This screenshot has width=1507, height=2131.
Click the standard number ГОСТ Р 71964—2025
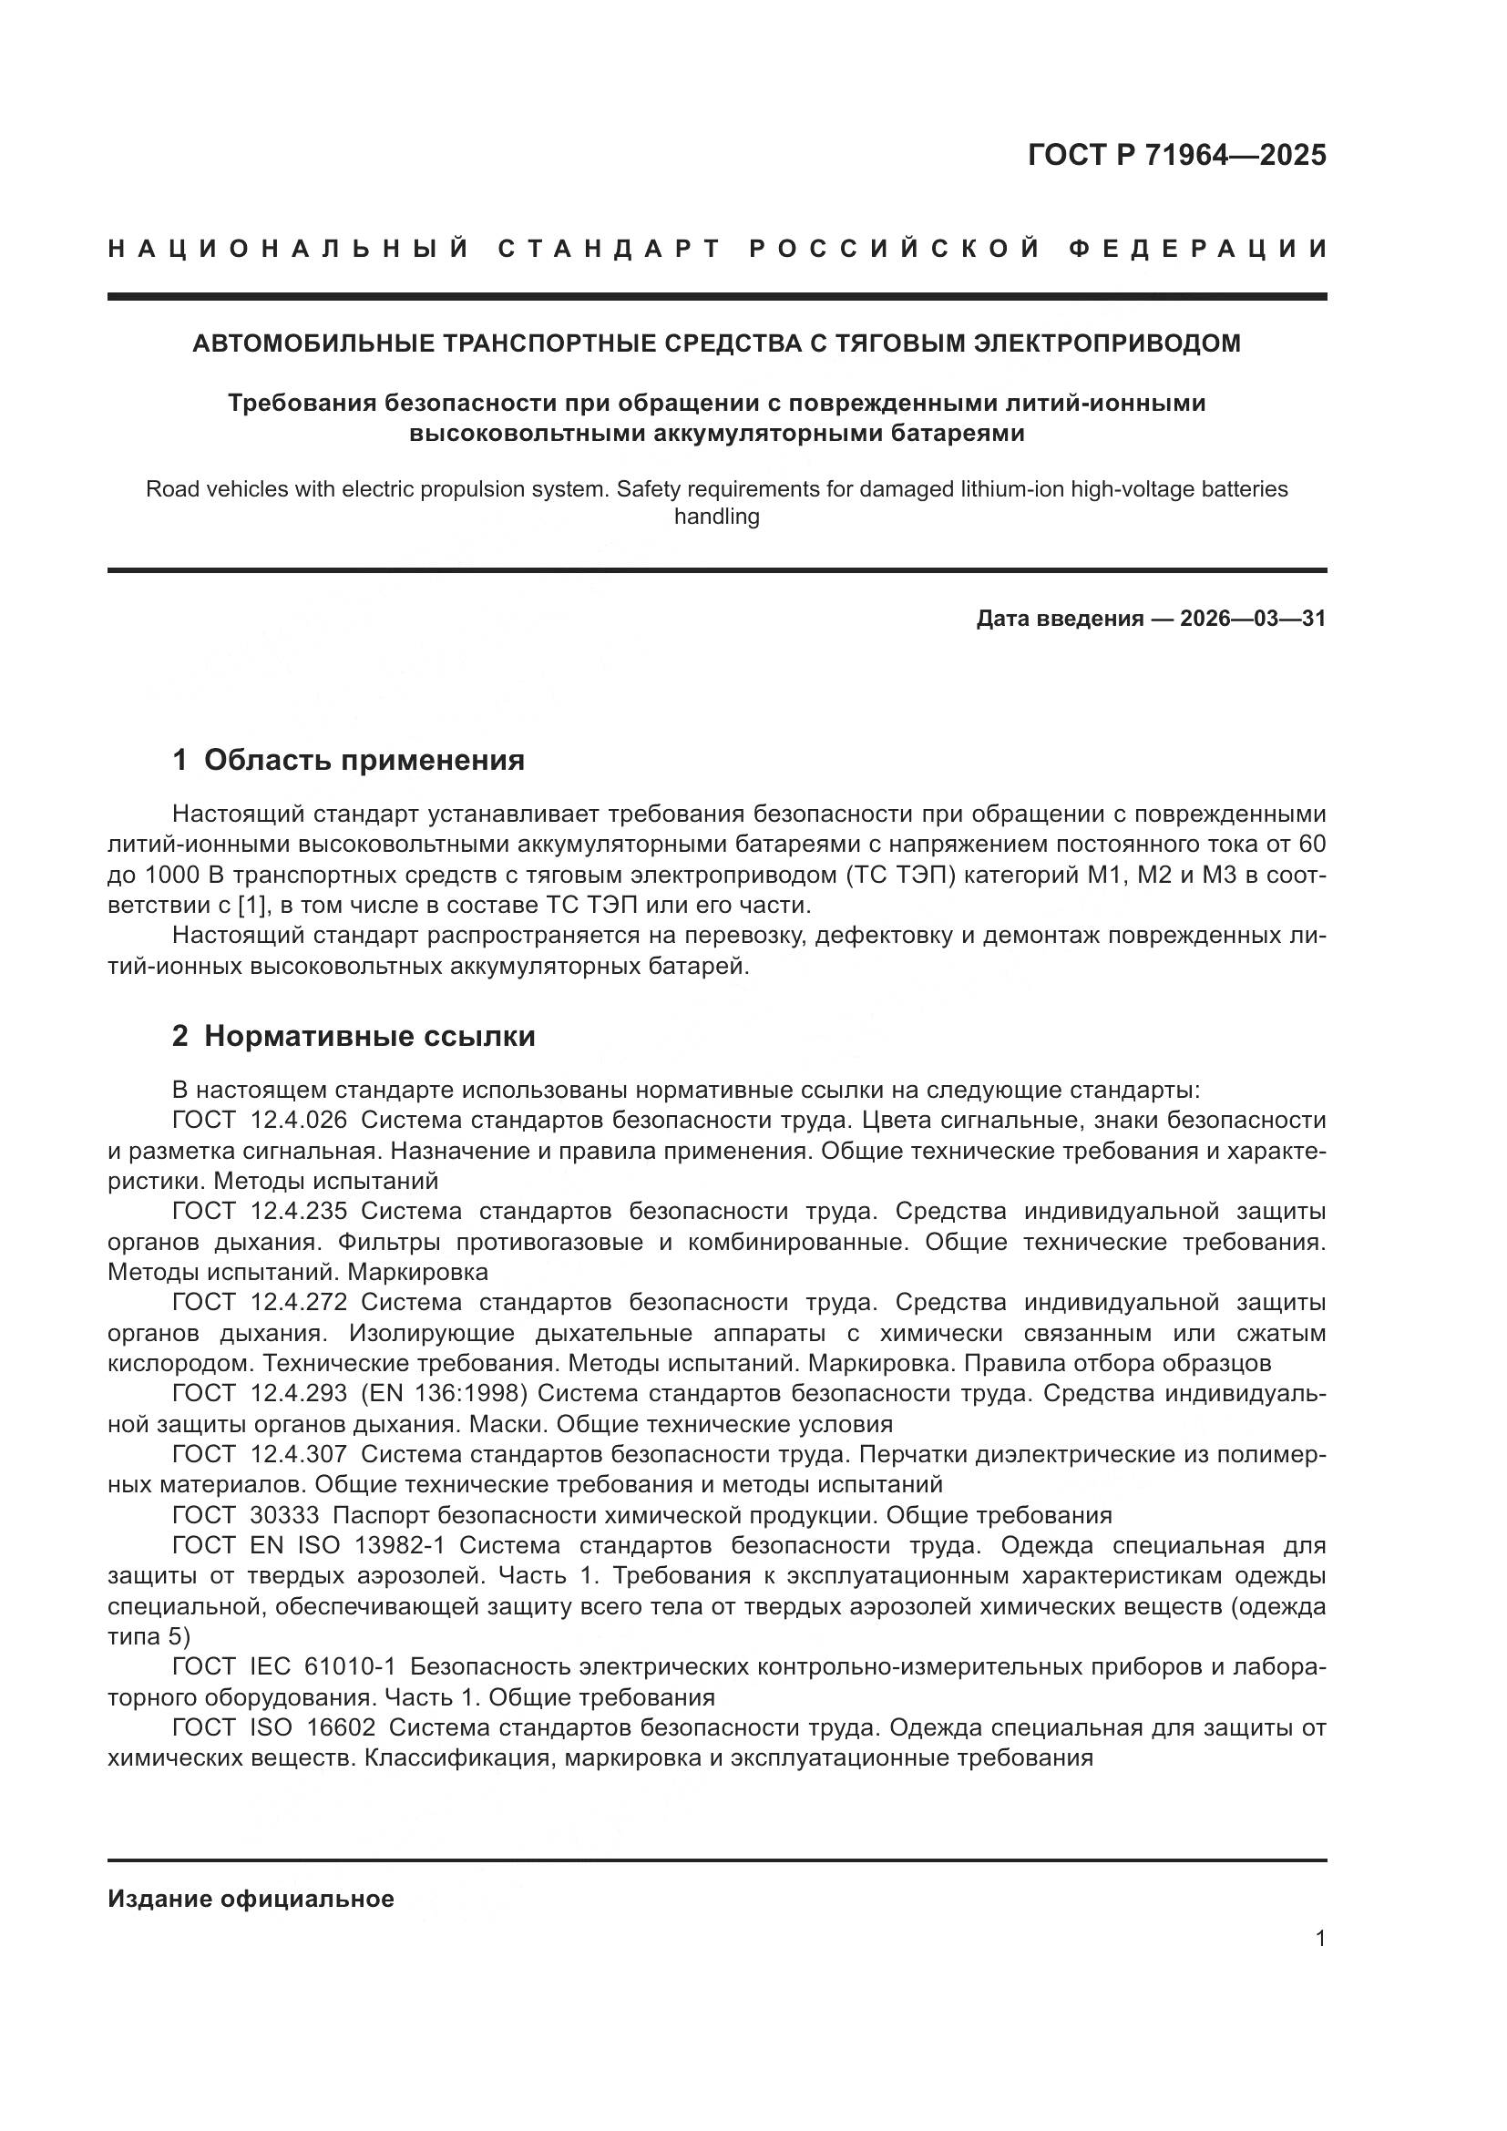pyautogui.click(x=1176, y=155)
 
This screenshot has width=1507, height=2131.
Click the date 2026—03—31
pyautogui.click(x=1253, y=618)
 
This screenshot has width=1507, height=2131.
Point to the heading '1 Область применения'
pyautogui.click(x=348, y=760)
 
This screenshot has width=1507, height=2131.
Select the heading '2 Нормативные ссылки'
pyautogui.click(x=354, y=1036)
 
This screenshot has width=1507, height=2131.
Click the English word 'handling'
pyautogui.click(x=716, y=517)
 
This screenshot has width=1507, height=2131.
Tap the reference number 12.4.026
pyautogui.click(x=299, y=1121)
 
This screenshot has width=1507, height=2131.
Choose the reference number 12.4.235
pyautogui.click(x=299, y=1211)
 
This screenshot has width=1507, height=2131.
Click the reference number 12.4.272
pyautogui.click(x=299, y=1303)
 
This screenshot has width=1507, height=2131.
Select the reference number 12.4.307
pyautogui.click(x=299, y=1454)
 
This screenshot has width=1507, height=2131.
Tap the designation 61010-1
pyautogui.click(x=350, y=1667)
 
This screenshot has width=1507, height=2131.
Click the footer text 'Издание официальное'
pyautogui.click(x=251, y=1899)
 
